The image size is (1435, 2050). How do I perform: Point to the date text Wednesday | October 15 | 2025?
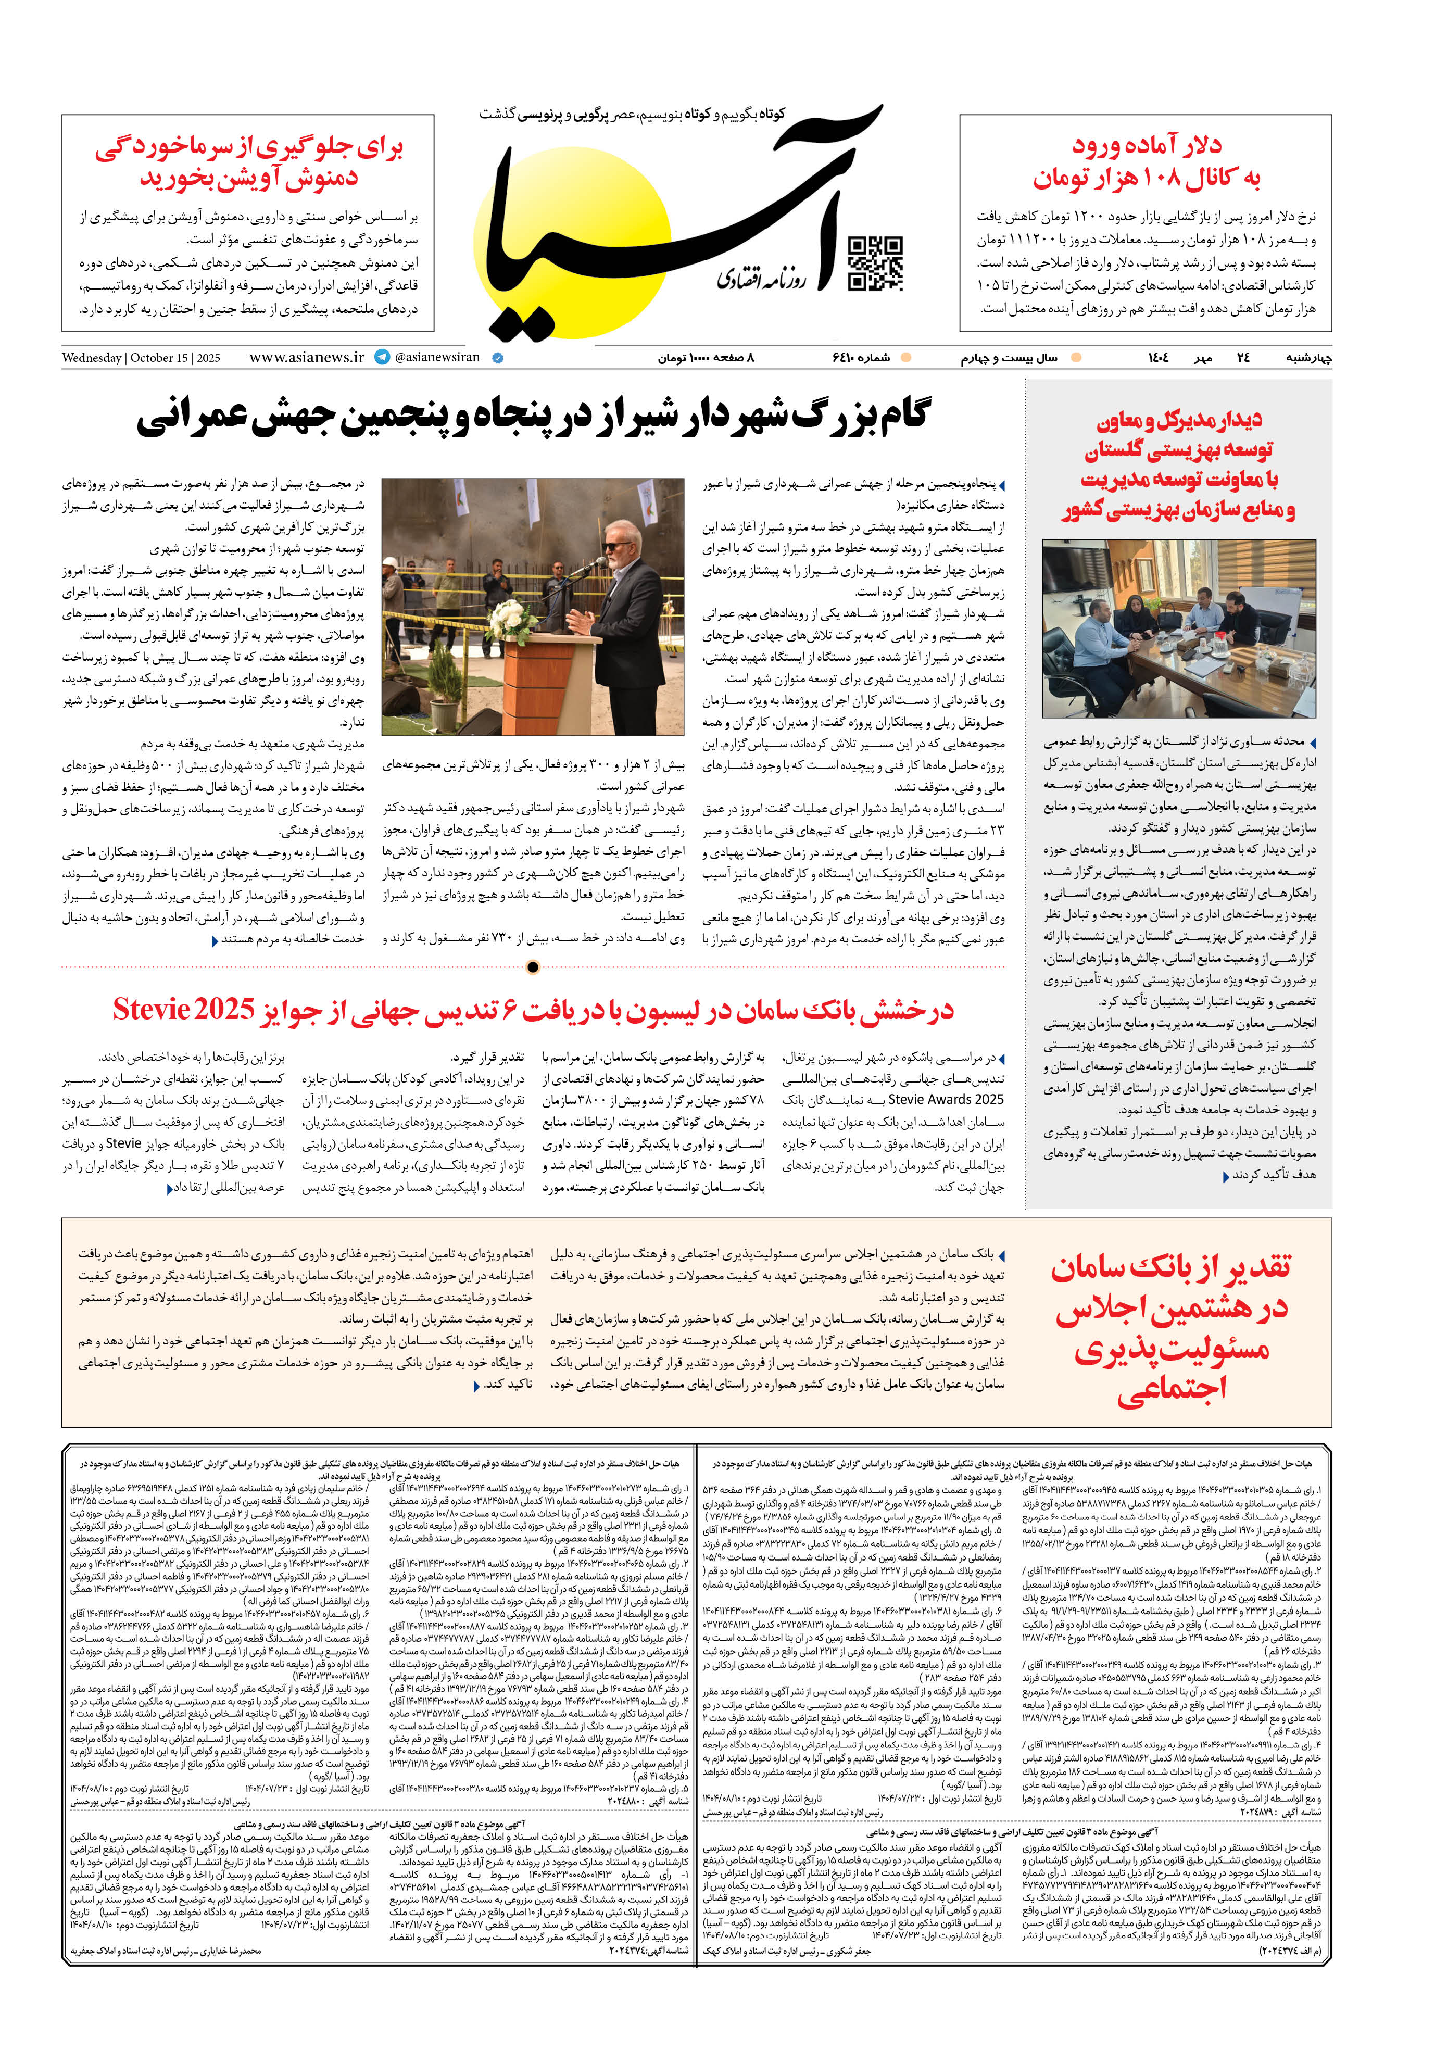pos(141,358)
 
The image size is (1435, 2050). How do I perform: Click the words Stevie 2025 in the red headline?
pos(184,1010)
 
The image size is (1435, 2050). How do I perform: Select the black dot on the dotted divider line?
pos(533,967)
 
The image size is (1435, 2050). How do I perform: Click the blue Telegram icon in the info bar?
pos(382,357)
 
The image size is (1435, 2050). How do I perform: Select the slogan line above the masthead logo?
pos(632,114)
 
